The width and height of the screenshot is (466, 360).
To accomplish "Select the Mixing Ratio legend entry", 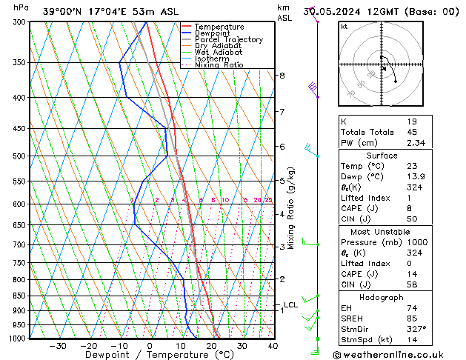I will point(219,65).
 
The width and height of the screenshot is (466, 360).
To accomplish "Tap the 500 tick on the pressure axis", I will point(17,156).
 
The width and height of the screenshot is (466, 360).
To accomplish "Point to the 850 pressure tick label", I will point(17,296).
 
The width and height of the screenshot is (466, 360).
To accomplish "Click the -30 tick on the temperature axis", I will point(58,346).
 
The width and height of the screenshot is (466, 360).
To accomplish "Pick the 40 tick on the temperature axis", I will point(273,346).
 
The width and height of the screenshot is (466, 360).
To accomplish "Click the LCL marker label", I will point(290,304).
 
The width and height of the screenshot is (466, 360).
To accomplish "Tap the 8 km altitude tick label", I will point(282,76).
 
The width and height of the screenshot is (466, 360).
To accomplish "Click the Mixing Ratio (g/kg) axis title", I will point(293,208).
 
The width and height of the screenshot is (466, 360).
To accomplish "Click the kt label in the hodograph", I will point(344,26).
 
